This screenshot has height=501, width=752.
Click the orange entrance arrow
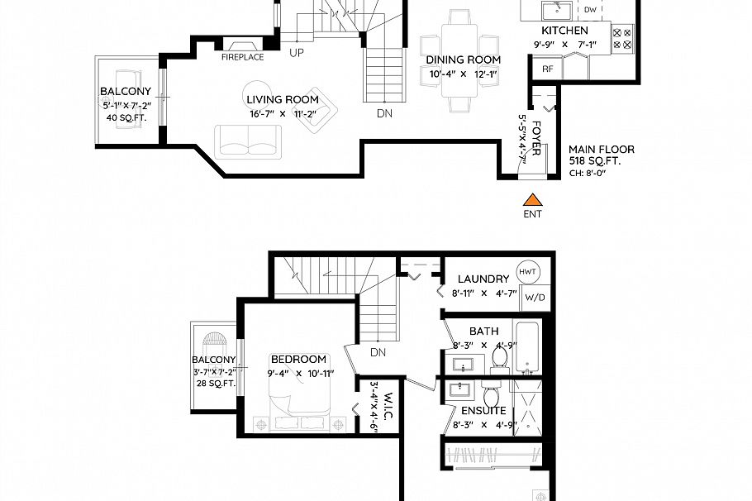pos(534,198)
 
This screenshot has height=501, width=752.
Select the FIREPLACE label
pos(242,57)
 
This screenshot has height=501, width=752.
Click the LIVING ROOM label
pos(283,100)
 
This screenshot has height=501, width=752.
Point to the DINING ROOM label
pos(463,60)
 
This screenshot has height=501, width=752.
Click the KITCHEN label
pos(564,31)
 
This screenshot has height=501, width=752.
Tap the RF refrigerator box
pos(547,69)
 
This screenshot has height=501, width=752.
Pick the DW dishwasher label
pos(590,10)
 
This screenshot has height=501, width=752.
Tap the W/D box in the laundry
pos(535,297)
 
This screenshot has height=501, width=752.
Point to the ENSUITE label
pos(483,410)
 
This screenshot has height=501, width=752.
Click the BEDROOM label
pos(298,360)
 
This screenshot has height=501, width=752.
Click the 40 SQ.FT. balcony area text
pos(126,118)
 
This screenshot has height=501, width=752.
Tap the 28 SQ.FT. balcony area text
pos(214,384)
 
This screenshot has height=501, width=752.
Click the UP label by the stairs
pos(296,53)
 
